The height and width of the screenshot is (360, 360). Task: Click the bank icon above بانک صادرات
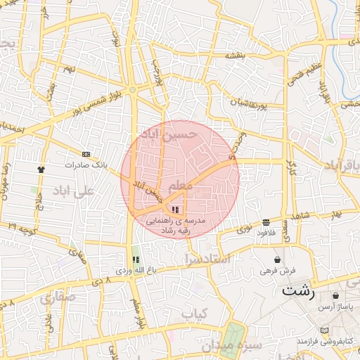tap(86, 154)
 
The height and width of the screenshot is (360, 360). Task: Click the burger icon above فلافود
tap(265, 222)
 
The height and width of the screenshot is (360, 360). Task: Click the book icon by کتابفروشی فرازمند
tap(323, 330)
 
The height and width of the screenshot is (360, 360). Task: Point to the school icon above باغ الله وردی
tap(135, 259)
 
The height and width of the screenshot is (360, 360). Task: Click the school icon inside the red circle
tap(175, 210)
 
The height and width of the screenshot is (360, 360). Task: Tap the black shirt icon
tap(41, 169)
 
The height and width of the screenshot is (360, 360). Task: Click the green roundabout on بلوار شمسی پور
tap(132, 88)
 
